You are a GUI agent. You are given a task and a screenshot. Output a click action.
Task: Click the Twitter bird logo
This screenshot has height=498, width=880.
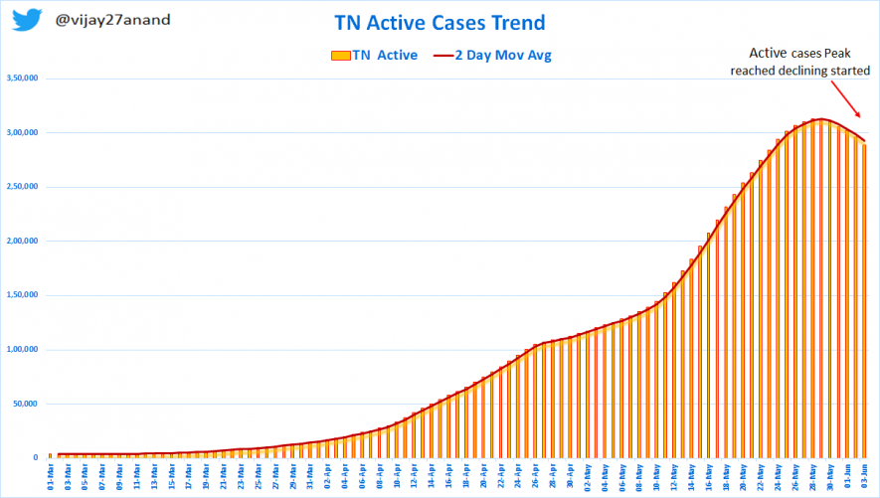pos(27,21)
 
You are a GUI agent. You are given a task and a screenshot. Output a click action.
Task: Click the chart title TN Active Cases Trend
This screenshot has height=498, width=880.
pos(440,23)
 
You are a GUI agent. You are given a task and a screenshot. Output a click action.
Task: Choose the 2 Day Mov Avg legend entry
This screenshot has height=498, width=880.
pos(494,56)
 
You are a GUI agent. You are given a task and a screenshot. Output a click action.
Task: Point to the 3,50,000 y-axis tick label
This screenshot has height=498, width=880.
pos(23,79)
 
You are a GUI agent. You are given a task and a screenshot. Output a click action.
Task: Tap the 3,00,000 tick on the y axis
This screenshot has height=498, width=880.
pos(23,132)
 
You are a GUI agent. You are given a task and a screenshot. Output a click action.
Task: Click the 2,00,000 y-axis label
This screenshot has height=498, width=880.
pos(23,241)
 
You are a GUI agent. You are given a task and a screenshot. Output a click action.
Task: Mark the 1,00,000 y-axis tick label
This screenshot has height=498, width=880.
pos(23,349)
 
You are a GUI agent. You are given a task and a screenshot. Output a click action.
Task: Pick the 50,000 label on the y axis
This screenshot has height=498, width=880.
pos(26,404)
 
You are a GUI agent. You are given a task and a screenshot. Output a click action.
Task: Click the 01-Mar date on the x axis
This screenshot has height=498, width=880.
pos(51,477)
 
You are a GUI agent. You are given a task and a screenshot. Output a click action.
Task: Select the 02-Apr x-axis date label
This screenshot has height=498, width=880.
pos(327,477)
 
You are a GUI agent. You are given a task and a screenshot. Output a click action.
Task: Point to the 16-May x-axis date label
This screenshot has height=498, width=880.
pos(708,477)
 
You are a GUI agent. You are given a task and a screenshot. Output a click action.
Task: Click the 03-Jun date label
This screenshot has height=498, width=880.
pos(863,477)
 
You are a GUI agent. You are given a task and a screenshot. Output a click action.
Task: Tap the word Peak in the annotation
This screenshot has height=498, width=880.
pos(837,55)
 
